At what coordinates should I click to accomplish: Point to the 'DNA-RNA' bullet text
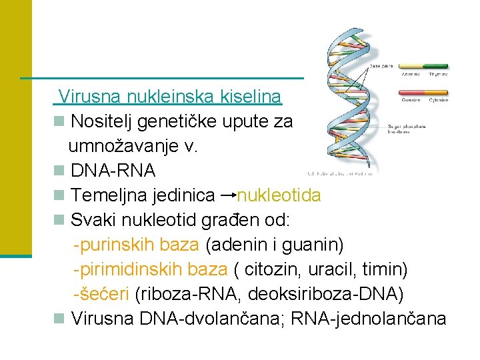coord(113,171)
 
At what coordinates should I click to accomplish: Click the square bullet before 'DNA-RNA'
coord(60,171)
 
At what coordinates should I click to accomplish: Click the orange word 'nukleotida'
coord(279,195)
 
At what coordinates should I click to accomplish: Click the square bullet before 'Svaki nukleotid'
coord(60,220)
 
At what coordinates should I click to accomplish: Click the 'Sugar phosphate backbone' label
coord(413,128)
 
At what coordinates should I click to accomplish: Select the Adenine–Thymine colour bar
coord(424,66)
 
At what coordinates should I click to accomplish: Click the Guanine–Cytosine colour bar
coord(424,93)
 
